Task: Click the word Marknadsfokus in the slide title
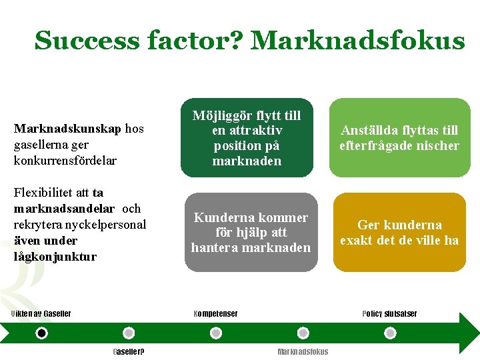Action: tap(357, 41)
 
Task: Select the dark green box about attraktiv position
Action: tap(247, 138)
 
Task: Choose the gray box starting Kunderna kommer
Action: tap(251, 232)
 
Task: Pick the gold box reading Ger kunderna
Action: tap(399, 232)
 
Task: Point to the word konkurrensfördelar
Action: tap(65, 161)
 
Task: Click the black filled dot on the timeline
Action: tap(42, 333)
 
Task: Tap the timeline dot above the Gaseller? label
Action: tap(129, 333)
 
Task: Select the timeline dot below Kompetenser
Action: tap(215, 333)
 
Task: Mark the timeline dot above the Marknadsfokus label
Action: tap(303, 333)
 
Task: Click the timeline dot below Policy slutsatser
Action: tap(389, 333)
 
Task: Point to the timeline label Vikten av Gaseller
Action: tap(41, 314)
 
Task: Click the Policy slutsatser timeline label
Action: tap(389, 314)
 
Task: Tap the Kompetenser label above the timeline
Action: tap(215, 314)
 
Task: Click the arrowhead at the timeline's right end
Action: tap(469, 332)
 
